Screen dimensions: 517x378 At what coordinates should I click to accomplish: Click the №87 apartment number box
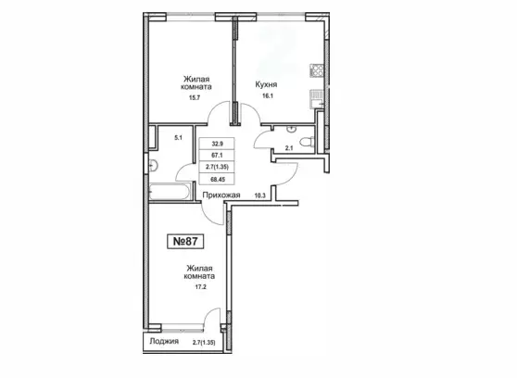pyautogui.click(x=185, y=241)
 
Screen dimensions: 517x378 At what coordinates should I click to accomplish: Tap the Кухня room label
pyautogui.click(x=266, y=84)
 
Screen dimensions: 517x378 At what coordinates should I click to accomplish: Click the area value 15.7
pyautogui.click(x=195, y=97)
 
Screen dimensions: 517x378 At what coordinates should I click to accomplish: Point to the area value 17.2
pyautogui.click(x=200, y=287)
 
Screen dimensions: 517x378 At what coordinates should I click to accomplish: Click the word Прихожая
pyautogui.click(x=221, y=195)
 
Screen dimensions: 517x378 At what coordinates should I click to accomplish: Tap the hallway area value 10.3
pyautogui.click(x=259, y=195)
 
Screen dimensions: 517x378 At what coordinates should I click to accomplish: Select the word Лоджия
pyautogui.click(x=164, y=341)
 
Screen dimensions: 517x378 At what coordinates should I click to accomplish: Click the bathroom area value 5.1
pyautogui.click(x=178, y=138)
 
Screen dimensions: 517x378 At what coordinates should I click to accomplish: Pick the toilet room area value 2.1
pyautogui.click(x=289, y=148)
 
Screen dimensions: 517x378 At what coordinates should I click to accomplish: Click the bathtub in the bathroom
pyautogui.click(x=170, y=191)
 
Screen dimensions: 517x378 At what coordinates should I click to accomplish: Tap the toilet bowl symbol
pyautogui.click(x=307, y=142)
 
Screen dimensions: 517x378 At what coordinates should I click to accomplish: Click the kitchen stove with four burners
pyautogui.click(x=317, y=70)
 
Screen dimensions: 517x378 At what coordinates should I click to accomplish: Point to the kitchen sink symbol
pyautogui.click(x=317, y=98)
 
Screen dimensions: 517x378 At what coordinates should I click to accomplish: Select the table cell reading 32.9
pyautogui.click(x=217, y=144)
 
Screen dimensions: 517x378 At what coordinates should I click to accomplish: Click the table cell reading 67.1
pyautogui.click(x=217, y=155)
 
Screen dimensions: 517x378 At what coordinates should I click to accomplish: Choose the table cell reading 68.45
pyautogui.click(x=217, y=179)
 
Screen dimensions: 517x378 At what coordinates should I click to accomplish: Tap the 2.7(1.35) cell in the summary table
pyautogui.click(x=217, y=167)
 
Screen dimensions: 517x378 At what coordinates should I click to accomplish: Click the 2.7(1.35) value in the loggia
pyautogui.click(x=204, y=343)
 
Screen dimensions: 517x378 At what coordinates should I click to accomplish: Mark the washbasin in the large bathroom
pyautogui.click(x=153, y=165)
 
